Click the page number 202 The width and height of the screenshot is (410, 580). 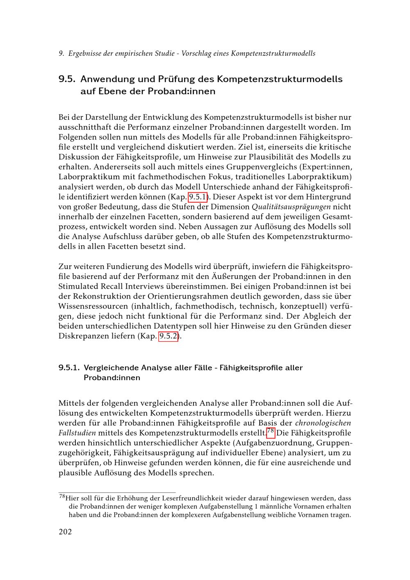(65, 532)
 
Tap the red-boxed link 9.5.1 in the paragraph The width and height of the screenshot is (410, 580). (197, 197)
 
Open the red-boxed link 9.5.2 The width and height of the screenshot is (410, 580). (168, 336)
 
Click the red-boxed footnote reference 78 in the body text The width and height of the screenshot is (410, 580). (270, 432)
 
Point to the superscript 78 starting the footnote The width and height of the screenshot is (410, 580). (62, 497)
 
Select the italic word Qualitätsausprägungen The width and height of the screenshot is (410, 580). (291, 207)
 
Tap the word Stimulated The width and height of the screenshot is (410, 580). (79, 286)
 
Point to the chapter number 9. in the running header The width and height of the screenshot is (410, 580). (61, 53)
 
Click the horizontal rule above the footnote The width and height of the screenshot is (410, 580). (117, 492)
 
